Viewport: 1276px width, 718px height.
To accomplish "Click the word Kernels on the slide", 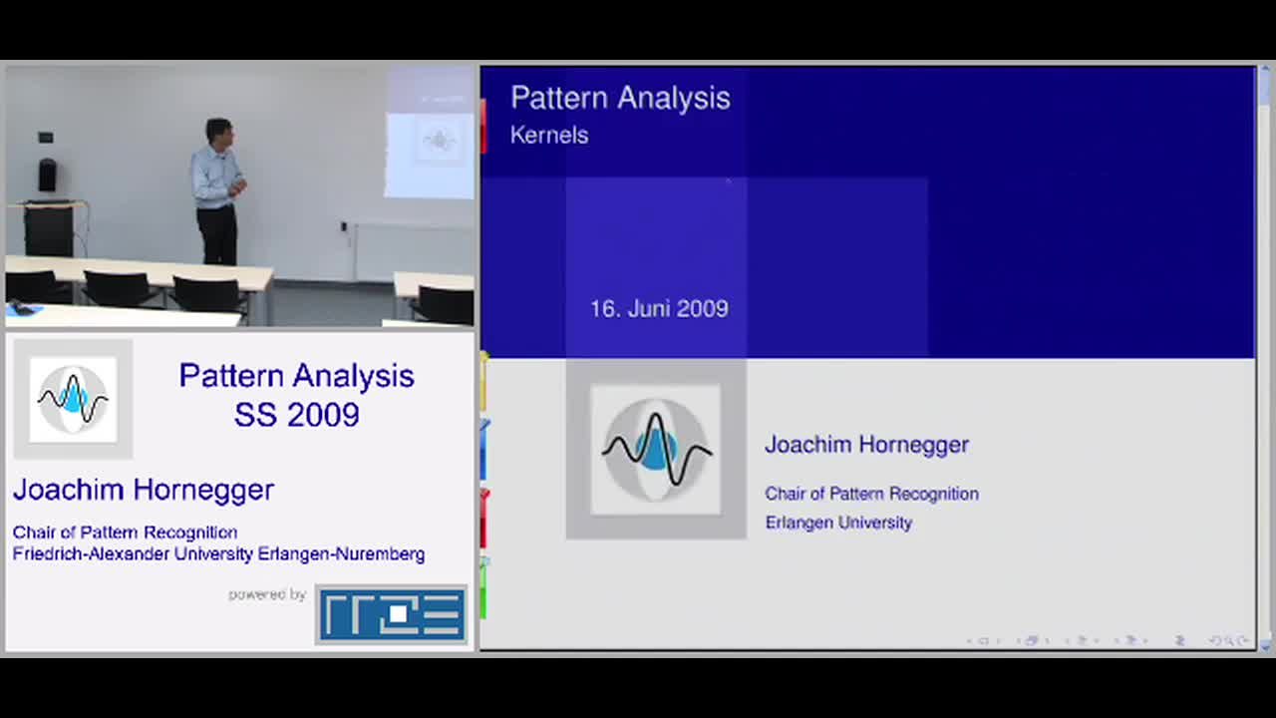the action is tap(549, 136).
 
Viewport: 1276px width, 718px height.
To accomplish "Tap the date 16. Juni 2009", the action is tap(659, 309).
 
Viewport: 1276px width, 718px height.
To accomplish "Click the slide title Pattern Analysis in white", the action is tap(620, 98).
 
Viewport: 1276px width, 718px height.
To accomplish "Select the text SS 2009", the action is tap(297, 414).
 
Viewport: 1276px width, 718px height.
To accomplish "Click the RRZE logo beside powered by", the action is tap(392, 614).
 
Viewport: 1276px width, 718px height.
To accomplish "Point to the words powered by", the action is tap(267, 595).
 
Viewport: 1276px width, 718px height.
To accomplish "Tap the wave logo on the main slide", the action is tap(656, 450).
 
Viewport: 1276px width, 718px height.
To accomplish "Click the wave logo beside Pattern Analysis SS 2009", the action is tap(73, 400).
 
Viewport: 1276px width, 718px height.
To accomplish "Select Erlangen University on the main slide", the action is tap(838, 523).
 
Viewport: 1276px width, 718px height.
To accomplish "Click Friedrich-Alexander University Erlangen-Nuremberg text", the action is tap(218, 553).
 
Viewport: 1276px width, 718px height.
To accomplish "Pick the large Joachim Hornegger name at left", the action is tap(144, 490).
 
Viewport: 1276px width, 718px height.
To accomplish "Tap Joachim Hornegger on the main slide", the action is tap(866, 445).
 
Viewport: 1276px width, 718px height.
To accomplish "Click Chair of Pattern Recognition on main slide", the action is tap(871, 494).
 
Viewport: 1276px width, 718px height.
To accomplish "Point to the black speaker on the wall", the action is tap(47, 175).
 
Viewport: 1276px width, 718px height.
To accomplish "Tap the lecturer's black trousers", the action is tap(217, 234).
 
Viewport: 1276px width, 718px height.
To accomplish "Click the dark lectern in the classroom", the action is tap(50, 228).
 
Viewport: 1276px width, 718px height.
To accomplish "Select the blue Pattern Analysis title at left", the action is tap(297, 376).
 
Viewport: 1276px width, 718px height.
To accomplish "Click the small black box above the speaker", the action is tap(46, 138).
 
